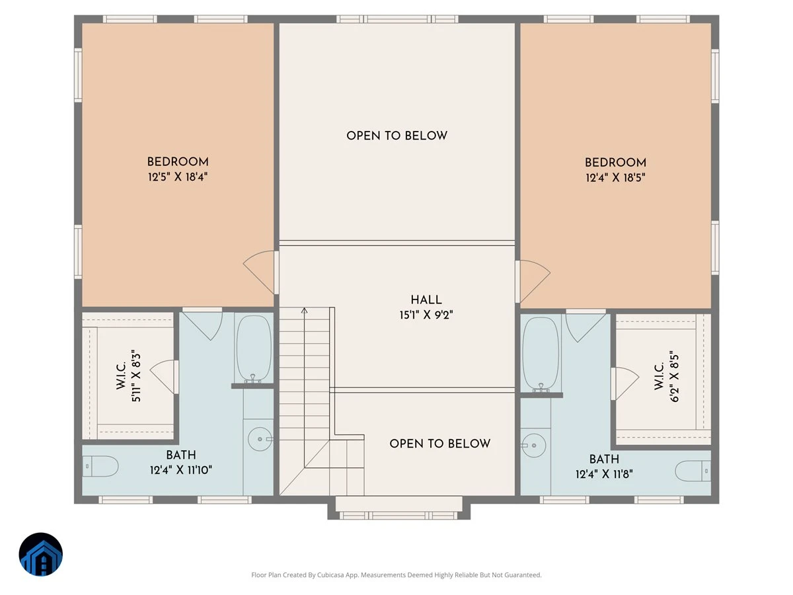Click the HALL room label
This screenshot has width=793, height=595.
tap(426, 300)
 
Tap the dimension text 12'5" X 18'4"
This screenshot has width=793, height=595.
tap(178, 177)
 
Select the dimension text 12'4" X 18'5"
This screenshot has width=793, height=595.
tap(615, 178)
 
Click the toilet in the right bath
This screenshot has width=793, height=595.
tap(693, 471)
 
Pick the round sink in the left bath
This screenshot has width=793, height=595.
tap(260, 439)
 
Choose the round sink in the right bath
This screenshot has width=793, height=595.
tap(533, 446)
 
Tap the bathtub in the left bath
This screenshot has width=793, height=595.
tap(254, 348)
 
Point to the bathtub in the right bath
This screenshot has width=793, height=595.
tap(541, 355)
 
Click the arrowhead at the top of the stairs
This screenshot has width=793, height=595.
tap(305, 310)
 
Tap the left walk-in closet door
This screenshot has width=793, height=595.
tap(165, 377)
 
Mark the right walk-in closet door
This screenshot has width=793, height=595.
tap(625, 383)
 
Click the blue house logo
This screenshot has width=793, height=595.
tap(41, 554)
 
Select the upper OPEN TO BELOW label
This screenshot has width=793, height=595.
tap(397, 136)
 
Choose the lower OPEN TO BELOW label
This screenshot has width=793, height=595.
tap(439, 444)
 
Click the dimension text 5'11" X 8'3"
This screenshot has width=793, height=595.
tap(136, 376)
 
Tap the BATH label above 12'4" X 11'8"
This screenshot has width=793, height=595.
tap(604, 459)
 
